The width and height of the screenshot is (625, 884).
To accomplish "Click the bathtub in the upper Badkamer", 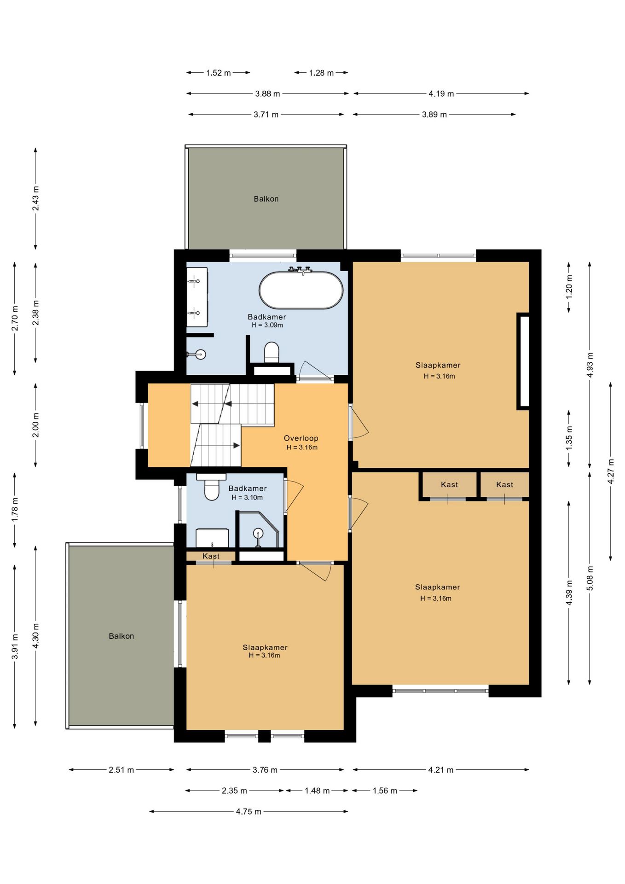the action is point(301,290).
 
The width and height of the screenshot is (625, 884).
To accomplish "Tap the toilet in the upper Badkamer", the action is point(272,352).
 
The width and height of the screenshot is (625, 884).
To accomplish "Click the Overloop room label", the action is point(301,438).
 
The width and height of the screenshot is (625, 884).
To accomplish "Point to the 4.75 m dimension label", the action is point(249,811).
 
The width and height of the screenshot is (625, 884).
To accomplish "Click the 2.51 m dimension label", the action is point(122,770).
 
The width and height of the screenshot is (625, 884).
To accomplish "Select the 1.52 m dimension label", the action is point(218,73).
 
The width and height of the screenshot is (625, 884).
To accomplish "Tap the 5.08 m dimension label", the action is point(590,578).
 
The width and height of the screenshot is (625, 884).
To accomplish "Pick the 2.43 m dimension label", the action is point(35,198).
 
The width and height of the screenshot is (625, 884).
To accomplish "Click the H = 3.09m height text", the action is point(267,325).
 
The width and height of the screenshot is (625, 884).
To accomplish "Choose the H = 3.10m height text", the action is point(247,497).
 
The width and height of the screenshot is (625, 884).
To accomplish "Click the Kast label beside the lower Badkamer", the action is point(211,556).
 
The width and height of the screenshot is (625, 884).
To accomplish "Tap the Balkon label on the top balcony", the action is point(266,199).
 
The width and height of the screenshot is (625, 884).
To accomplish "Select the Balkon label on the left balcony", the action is point(122,636).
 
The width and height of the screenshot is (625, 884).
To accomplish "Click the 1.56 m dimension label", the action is point(385,791).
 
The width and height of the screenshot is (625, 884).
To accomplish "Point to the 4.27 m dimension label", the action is point(611,471).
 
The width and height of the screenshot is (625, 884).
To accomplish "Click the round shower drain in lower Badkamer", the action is point(258,534).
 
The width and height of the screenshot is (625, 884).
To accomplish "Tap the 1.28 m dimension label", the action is point(321,73).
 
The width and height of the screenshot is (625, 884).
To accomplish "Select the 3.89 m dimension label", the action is point(434,114).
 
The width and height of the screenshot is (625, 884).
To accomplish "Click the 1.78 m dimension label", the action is point(15,510).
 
